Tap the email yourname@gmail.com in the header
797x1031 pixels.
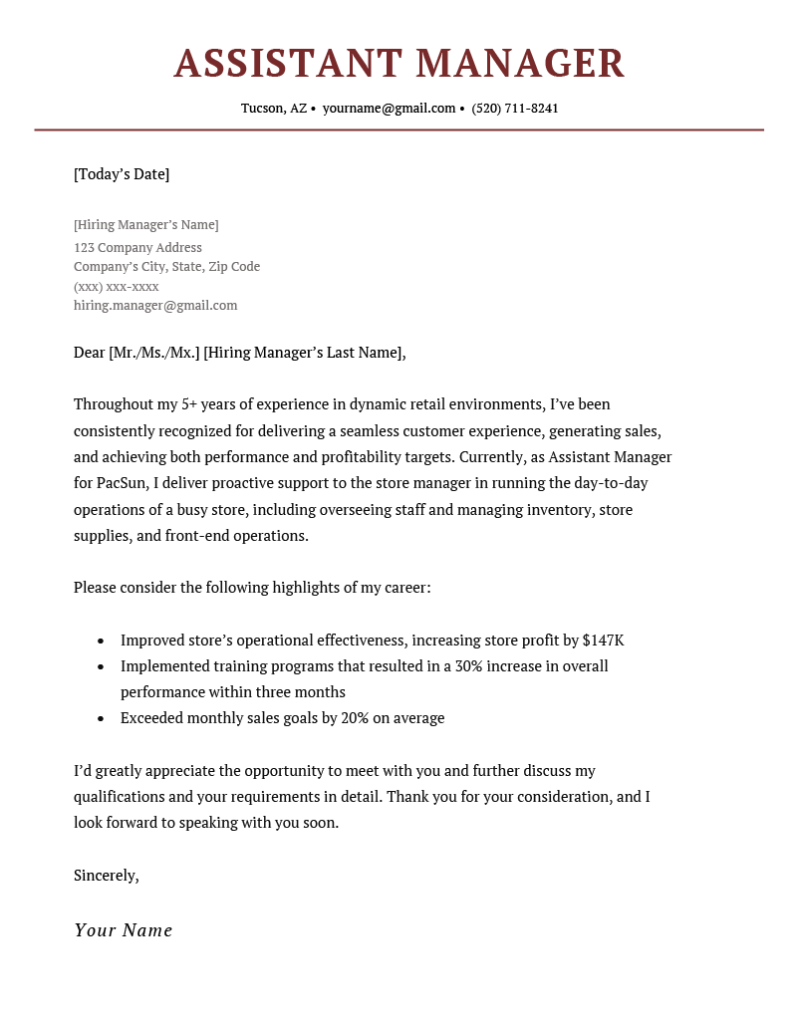coord(389,108)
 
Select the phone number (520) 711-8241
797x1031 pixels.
coord(515,108)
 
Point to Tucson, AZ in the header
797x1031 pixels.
coord(274,108)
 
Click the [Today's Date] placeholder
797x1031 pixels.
coord(122,174)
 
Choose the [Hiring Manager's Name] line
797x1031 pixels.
coord(146,225)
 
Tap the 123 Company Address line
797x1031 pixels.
coord(137,247)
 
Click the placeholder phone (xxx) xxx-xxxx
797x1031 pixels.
coord(117,286)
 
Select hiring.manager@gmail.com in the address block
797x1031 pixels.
coord(155,306)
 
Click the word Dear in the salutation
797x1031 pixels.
coord(89,352)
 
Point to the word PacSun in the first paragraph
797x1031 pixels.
coord(124,483)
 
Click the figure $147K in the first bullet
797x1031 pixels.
coord(603,641)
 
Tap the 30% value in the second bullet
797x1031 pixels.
coord(470,665)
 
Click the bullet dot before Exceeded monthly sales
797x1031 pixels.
coord(101,718)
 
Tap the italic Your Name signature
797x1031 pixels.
coord(124,930)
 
